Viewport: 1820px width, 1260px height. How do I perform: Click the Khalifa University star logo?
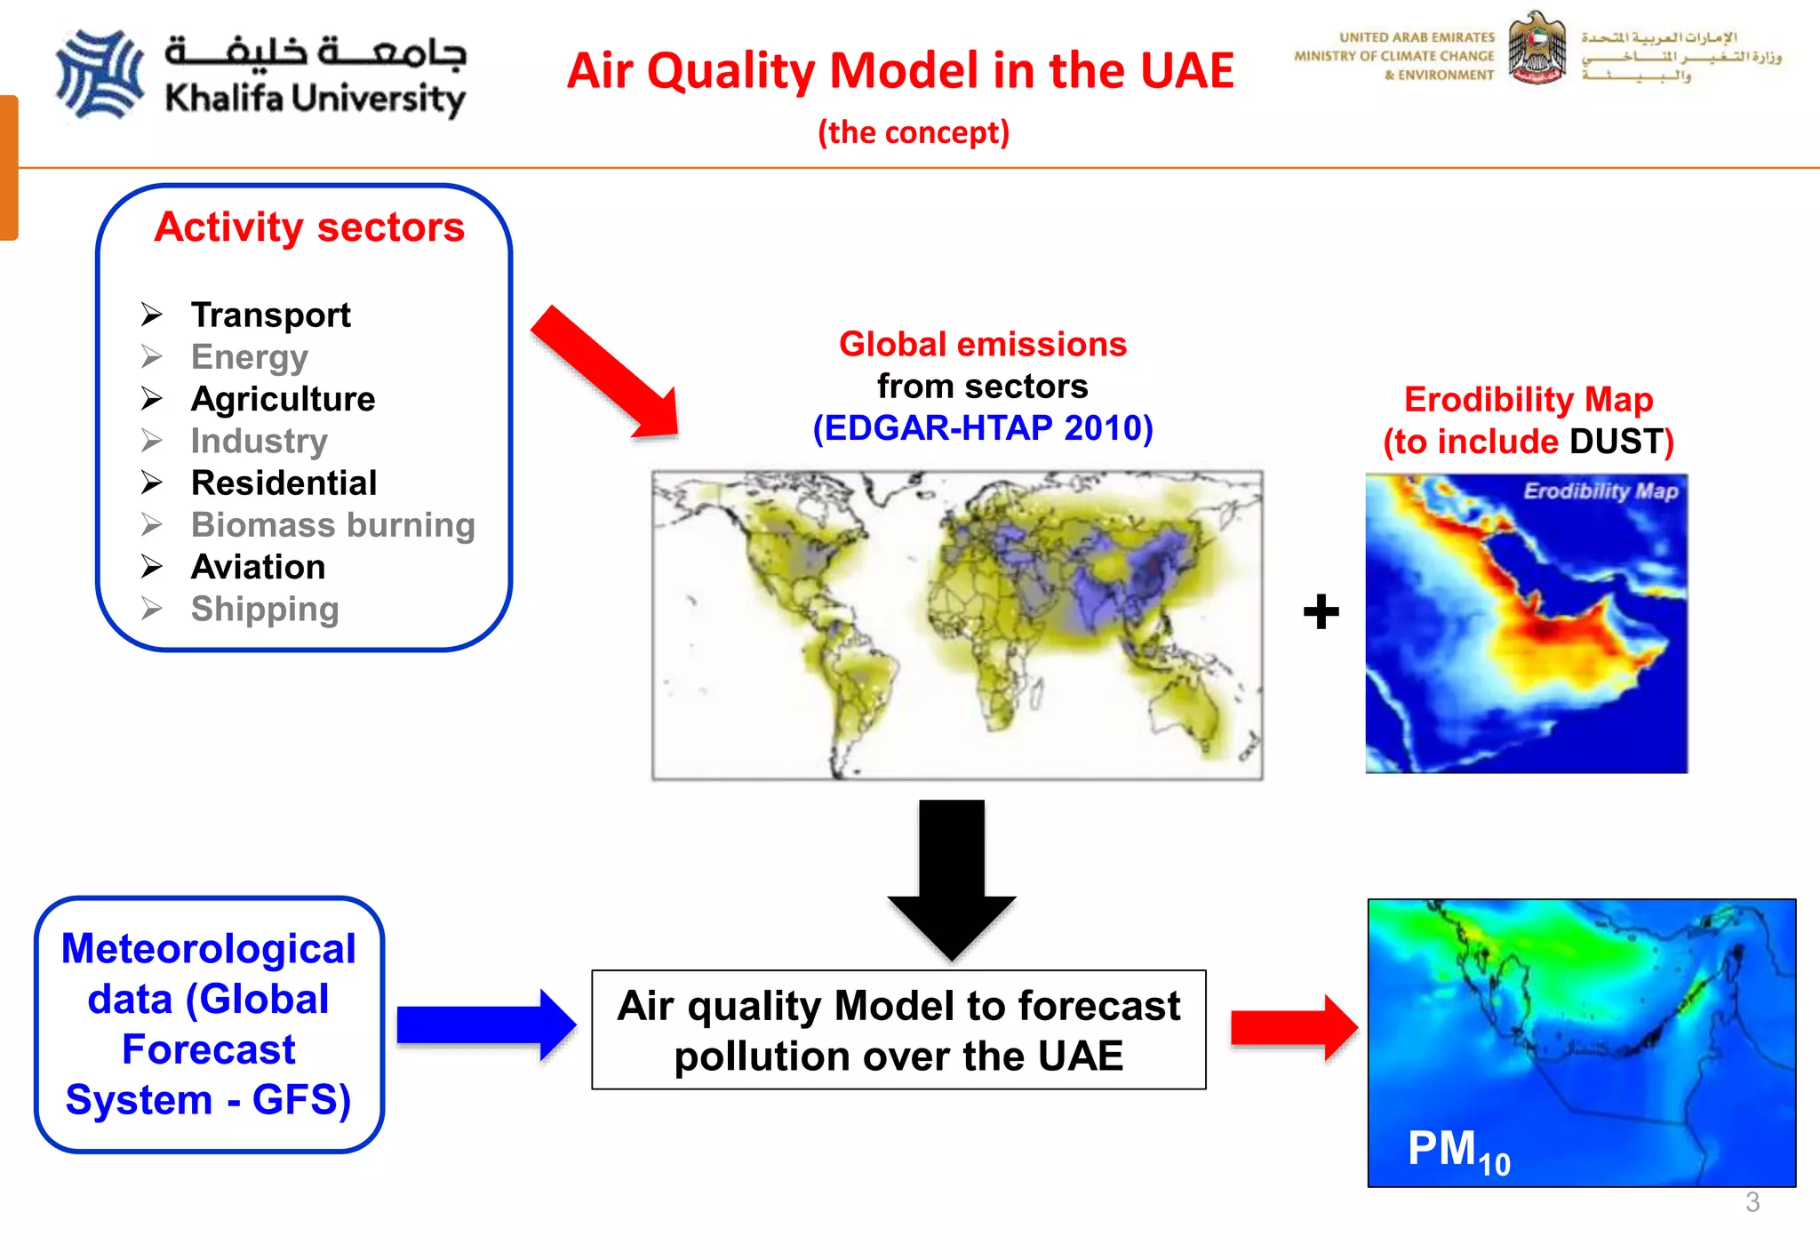(100, 75)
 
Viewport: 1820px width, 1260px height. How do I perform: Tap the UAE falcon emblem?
(1537, 50)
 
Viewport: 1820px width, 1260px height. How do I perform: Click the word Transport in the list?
(271, 315)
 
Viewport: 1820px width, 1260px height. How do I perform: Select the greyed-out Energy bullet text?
(250, 357)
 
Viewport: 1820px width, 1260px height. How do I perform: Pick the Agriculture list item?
(283, 399)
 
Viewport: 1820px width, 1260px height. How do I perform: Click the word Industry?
(259, 441)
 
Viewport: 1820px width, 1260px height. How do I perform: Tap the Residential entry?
(283, 482)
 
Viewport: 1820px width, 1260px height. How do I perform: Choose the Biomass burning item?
(332, 525)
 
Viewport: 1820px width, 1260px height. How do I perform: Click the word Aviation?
(258, 567)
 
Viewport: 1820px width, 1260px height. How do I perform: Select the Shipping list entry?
(264, 610)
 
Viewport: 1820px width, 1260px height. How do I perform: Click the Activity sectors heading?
(309, 227)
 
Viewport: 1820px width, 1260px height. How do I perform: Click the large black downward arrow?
(952, 875)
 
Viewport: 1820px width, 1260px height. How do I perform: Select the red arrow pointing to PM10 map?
(1293, 1027)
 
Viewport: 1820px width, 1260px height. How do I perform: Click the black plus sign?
(1321, 611)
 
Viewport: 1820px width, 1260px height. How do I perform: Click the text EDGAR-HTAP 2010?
(983, 428)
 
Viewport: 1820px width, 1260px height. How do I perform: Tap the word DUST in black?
(1616, 442)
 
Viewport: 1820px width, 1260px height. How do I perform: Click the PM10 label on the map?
(1457, 1151)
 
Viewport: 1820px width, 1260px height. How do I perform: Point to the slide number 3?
(1752, 1202)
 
